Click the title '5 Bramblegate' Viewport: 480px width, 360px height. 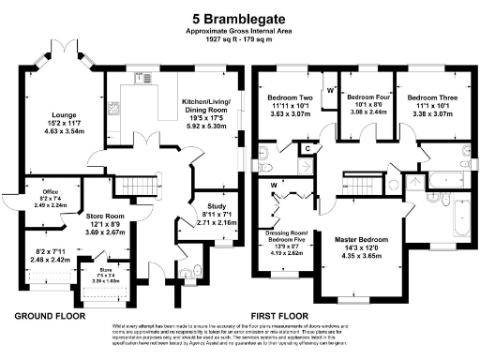pyautogui.click(x=240, y=17)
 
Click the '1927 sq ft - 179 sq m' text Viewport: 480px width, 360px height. pyautogui.click(x=240, y=41)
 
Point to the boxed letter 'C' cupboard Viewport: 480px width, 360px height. pyautogui.click(x=308, y=148)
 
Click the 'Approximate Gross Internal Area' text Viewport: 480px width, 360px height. pyautogui.click(x=240, y=32)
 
